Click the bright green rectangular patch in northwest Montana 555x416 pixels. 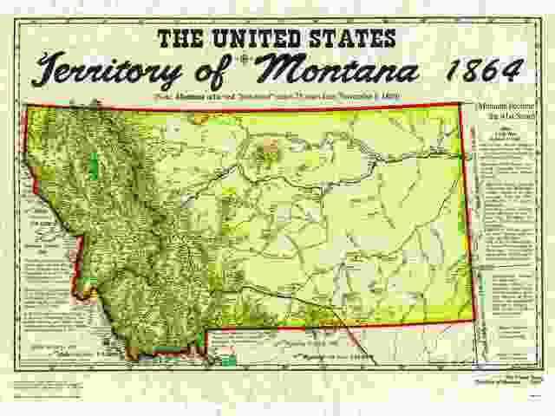coord(93,166)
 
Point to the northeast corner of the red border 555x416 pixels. coord(460,103)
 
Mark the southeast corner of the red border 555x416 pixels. coord(474,320)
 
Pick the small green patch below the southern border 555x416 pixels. coord(228,357)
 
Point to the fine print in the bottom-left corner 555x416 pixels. coord(52,384)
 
